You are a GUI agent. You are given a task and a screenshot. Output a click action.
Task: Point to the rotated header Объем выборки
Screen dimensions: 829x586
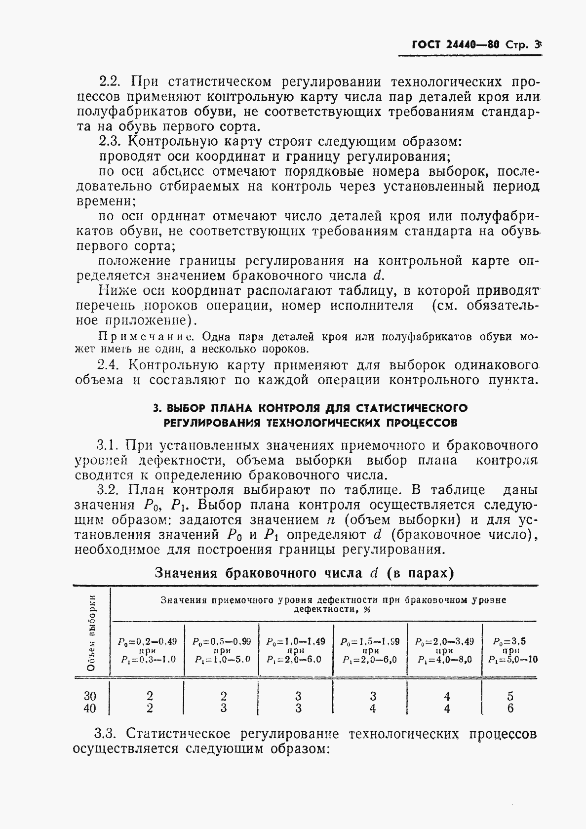[x=91, y=632]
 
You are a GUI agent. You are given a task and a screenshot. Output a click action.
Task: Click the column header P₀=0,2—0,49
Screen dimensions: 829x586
[x=147, y=642]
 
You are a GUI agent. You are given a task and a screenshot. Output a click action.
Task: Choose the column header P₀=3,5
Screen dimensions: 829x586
[x=509, y=642]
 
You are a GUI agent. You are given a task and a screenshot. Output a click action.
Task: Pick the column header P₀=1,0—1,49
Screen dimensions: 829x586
[x=296, y=642]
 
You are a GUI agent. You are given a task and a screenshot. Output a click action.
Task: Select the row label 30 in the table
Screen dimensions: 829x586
[x=90, y=696]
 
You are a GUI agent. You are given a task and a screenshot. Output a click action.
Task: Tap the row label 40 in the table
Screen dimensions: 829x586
[x=90, y=709]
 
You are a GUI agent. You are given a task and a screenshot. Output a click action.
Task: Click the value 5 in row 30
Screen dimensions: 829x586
[x=510, y=696]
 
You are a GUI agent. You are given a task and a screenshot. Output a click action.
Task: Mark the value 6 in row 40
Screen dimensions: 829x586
[x=510, y=709]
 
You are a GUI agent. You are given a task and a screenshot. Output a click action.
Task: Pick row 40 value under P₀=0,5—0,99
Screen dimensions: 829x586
[x=223, y=709]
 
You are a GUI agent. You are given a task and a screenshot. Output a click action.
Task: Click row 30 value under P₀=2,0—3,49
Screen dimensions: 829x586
[x=446, y=696]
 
